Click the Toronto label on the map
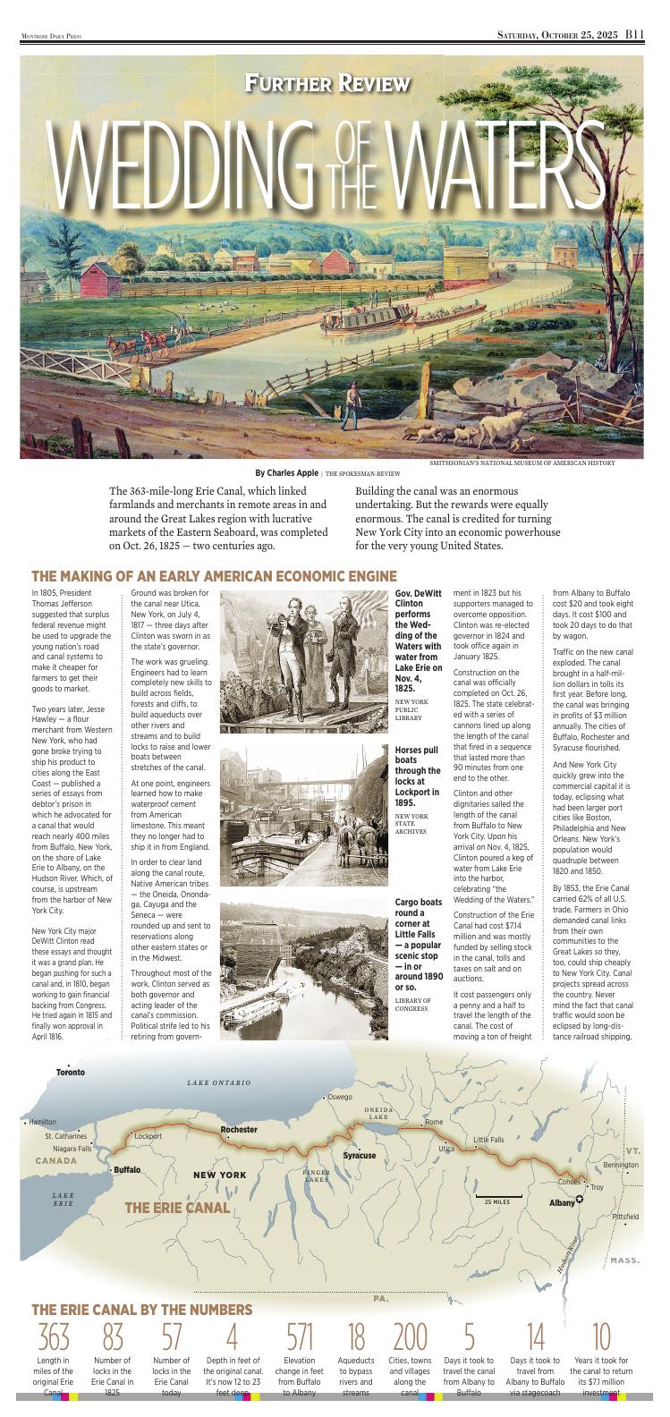coord(70,1072)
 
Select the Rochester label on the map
coord(239,1129)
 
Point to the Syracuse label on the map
coord(360,1155)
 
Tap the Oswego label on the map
coord(340,1097)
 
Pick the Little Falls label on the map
coord(489,1140)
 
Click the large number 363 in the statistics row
coord(54,1338)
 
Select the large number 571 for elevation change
coord(300,1338)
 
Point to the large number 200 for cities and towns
coord(411,1338)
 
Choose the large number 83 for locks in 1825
coord(113,1338)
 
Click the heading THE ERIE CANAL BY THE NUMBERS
coord(141,1310)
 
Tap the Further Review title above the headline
coord(328,84)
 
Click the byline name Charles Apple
coord(292,472)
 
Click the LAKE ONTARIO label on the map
coord(219,1082)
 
